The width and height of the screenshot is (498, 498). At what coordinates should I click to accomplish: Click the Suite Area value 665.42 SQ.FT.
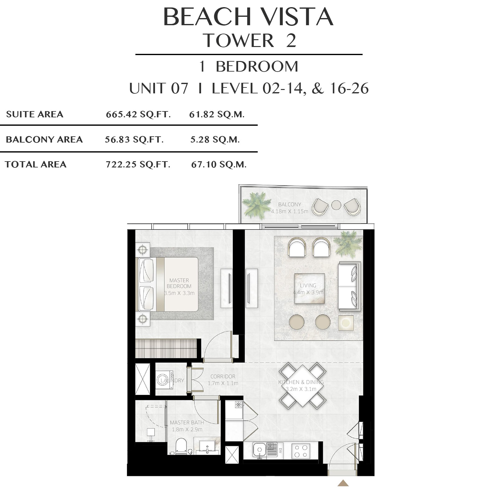(x=138, y=114)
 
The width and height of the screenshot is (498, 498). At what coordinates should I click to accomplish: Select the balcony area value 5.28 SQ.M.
(x=215, y=139)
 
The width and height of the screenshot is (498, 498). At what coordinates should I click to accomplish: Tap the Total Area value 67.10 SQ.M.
(x=219, y=164)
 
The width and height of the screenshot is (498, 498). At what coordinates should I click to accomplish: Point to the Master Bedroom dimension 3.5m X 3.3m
(x=179, y=293)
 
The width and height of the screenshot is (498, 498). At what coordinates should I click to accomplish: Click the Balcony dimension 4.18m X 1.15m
(x=290, y=211)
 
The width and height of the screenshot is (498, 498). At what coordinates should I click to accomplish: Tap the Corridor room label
(x=223, y=376)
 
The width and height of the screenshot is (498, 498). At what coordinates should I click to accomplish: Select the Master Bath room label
(x=187, y=422)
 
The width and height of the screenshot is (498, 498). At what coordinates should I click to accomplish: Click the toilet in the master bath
(x=181, y=446)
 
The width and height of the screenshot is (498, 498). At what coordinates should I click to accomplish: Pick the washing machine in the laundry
(x=164, y=380)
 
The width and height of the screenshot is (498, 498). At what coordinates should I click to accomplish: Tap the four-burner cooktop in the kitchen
(x=301, y=451)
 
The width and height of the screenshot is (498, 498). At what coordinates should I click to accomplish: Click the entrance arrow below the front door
(x=343, y=483)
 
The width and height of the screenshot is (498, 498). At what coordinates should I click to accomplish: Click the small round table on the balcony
(x=336, y=205)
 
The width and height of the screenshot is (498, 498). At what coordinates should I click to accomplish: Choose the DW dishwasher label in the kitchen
(x=280, y=450)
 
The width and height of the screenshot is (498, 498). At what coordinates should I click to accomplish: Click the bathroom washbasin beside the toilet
(x=206, y=447)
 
